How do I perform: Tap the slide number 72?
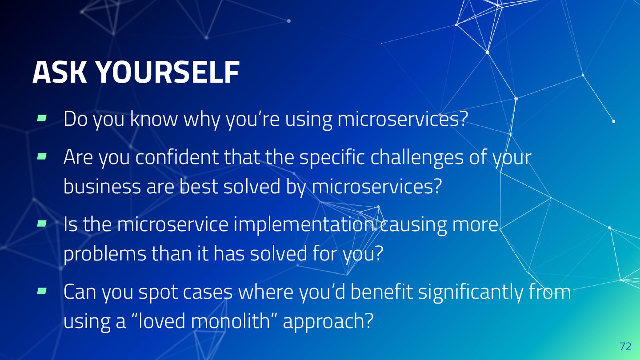(x=625, y=346)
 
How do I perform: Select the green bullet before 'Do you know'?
(x=42, y=118)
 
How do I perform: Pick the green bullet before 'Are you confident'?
(x=42, y=156)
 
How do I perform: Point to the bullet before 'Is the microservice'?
(x=42, y=223)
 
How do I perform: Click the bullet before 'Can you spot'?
(x=42, y=291)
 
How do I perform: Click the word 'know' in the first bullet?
(x=154, y=118)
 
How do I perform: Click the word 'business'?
(x=102, y=186)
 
